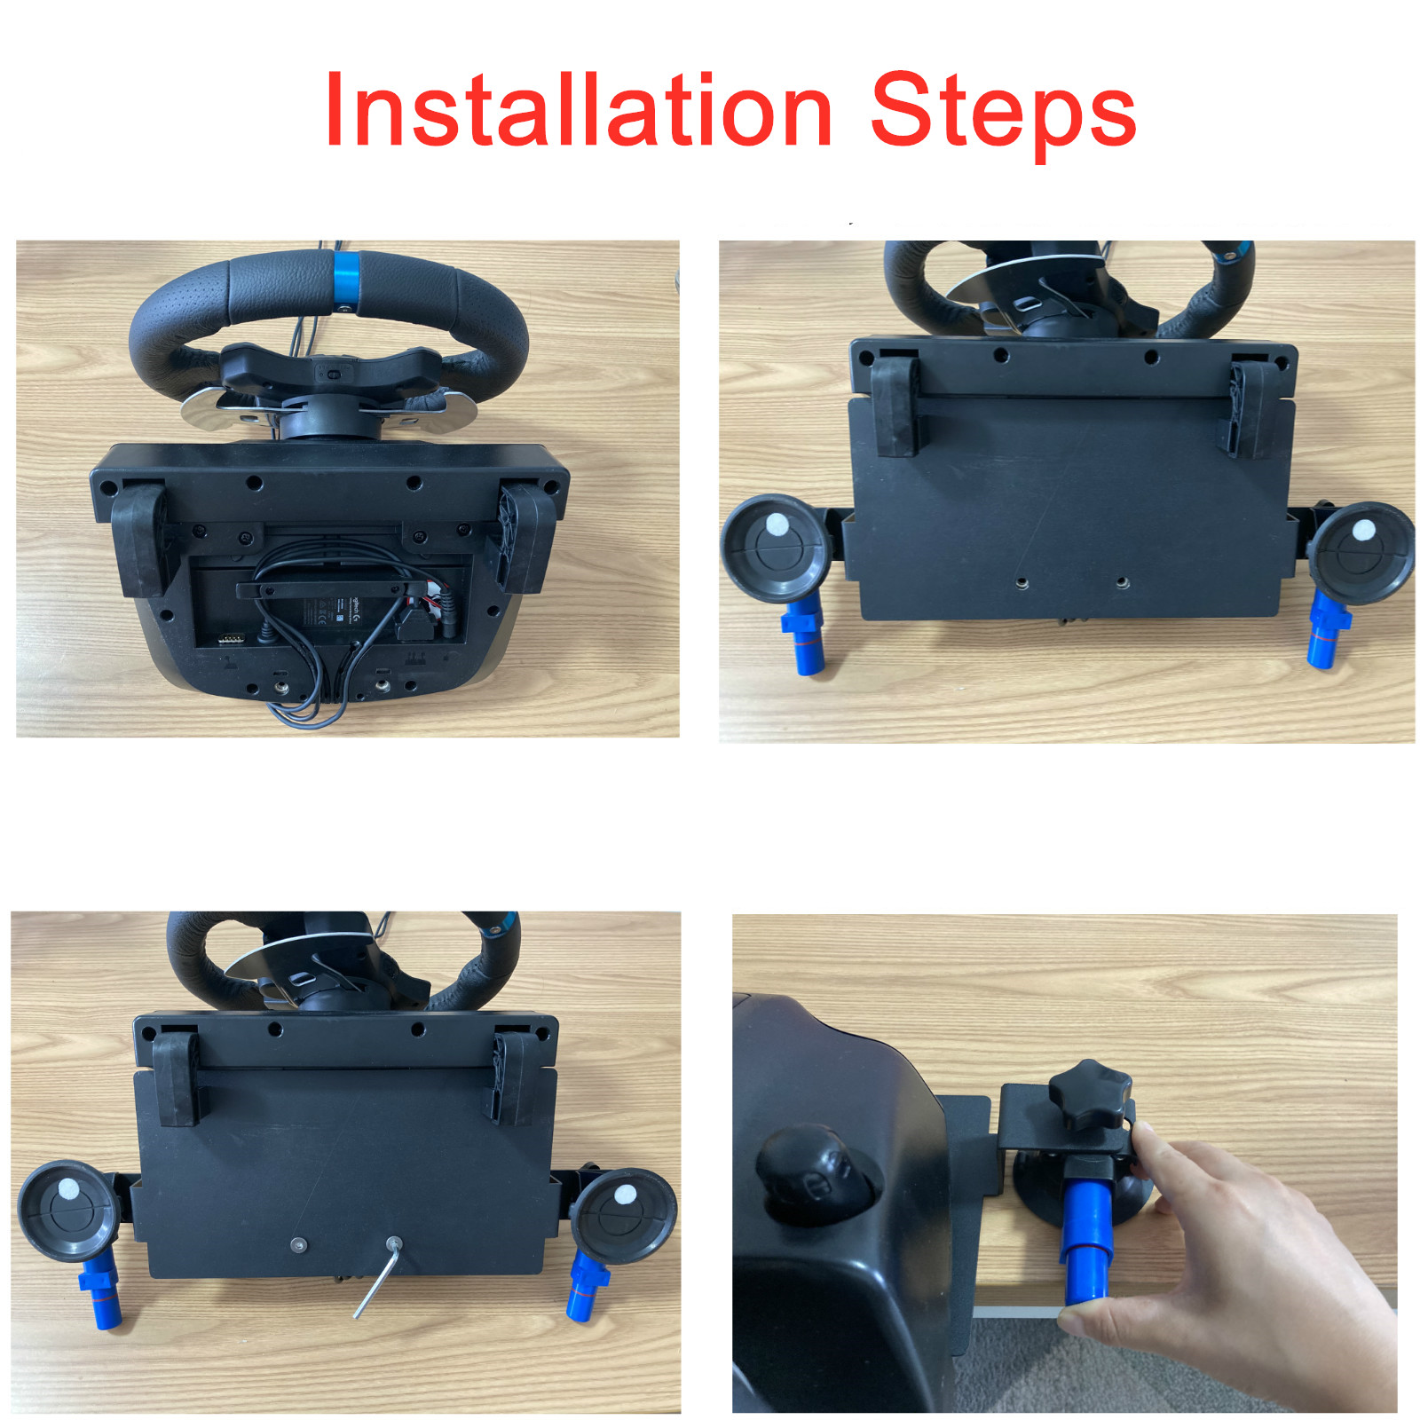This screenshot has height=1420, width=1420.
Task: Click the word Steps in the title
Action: [x=1004, y=116]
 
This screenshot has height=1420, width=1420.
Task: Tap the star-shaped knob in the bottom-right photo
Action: [x=1089, y=1094]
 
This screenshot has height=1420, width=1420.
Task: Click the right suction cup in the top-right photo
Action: [x=1361, y=552]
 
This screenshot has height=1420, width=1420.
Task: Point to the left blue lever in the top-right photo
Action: [x=803, y=634]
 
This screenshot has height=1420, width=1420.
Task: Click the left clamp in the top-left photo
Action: [x=139, y=537]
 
